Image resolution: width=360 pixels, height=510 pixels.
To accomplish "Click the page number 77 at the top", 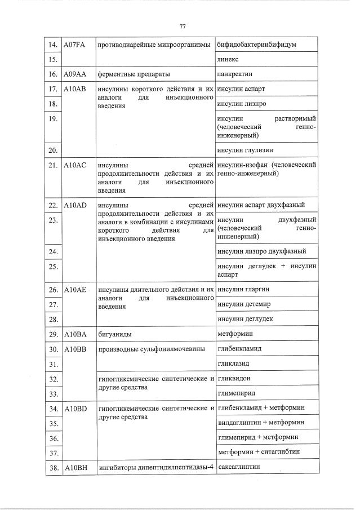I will tap(183, 26).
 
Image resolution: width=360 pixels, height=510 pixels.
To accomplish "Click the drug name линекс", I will tap(228, 59).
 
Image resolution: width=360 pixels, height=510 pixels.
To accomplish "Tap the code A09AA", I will tap(74, 74).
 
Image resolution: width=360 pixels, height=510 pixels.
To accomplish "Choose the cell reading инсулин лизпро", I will tap(242, 104).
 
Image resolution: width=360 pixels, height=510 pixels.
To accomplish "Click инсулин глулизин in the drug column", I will tap(244, 150).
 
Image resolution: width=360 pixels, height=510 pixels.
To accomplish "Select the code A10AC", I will tap(75, 165).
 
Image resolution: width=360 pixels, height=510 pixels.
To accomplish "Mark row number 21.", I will tap(54, 165).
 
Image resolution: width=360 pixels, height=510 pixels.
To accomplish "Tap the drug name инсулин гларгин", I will tap(243, 289).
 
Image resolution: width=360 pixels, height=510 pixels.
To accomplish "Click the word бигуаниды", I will tap(115, 334).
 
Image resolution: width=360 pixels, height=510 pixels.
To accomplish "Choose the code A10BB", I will tap(75, 349).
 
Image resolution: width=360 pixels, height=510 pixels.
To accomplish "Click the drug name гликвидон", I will tap(234, 378).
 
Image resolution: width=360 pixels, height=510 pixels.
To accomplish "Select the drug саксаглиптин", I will tap(239, 467).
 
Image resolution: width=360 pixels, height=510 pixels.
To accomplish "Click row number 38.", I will tap(54, 468).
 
